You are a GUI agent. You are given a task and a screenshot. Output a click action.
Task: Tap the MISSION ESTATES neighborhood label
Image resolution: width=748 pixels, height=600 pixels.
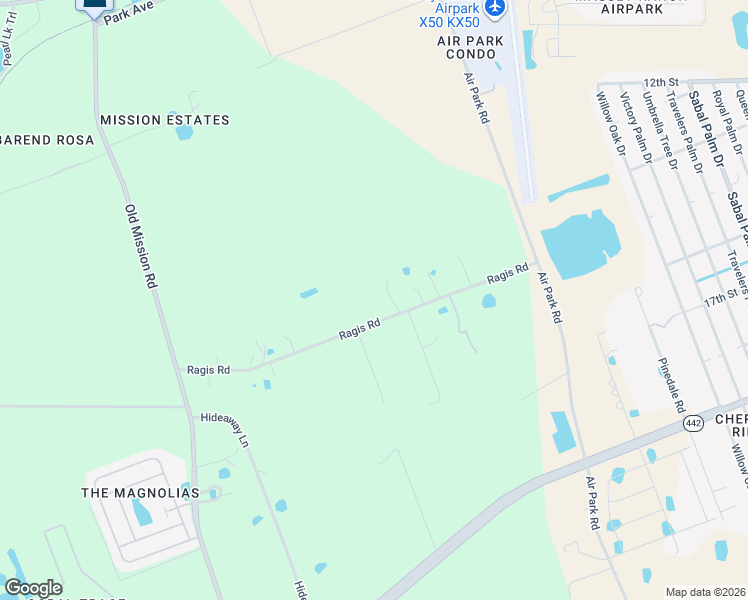(165, 120)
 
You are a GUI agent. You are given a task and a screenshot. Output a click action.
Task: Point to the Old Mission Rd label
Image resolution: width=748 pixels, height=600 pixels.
(141, 247)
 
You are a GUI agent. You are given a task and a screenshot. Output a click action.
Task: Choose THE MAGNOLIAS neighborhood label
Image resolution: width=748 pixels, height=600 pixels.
(140, 493)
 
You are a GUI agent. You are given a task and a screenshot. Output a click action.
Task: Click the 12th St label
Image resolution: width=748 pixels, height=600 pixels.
(662, 82)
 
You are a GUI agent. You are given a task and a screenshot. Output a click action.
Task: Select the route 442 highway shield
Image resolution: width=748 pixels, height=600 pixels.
(692, 423)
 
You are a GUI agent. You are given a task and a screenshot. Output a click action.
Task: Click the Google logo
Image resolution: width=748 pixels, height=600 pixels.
(33, 588)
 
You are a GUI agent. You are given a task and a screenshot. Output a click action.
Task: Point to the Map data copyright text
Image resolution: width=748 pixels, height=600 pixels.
(706, 591)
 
